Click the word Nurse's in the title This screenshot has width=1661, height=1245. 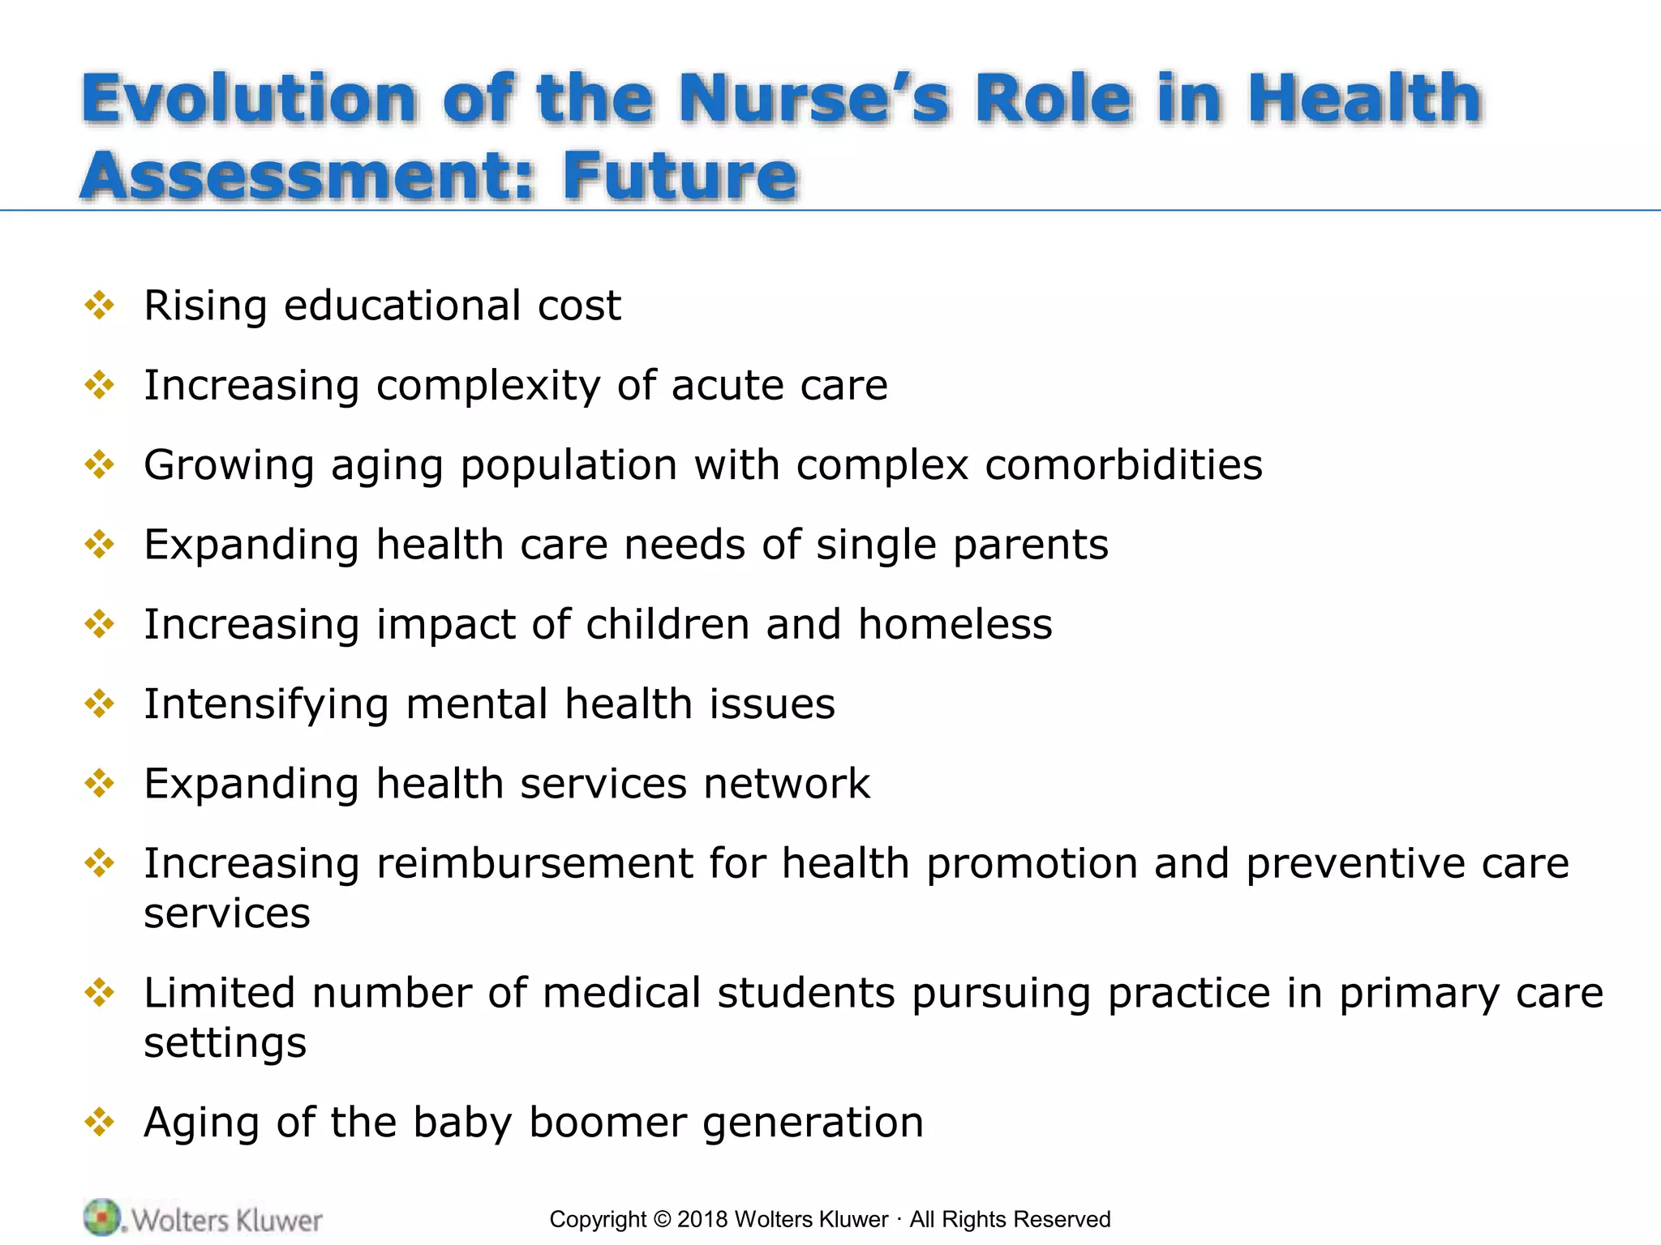click(x=813, y=99)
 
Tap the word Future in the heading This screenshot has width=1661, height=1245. click(x=680, y=176)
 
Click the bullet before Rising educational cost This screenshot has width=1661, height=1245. click(x=99, y=306)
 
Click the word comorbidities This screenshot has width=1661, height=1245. click(x=1123, y=465)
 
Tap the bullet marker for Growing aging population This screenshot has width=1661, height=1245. click(x=99, y=465)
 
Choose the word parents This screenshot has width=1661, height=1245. click(x=1030, y=545)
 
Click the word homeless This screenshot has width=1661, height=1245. click(x=955, y=624)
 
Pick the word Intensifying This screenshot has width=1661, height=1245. click(x=266, y=704)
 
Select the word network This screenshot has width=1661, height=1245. click(x=786, y=784)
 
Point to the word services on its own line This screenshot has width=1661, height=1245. click(x=227, y=913)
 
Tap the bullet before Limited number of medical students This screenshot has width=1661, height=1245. click(x=99, y=992)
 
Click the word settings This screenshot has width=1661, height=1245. click(x=225, y=1043)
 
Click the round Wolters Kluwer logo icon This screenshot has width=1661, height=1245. click(x=101, y=1217)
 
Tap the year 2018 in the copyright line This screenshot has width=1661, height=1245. click(x=702, y=1220)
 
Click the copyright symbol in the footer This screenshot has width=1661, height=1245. click(x=662, y=1220)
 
